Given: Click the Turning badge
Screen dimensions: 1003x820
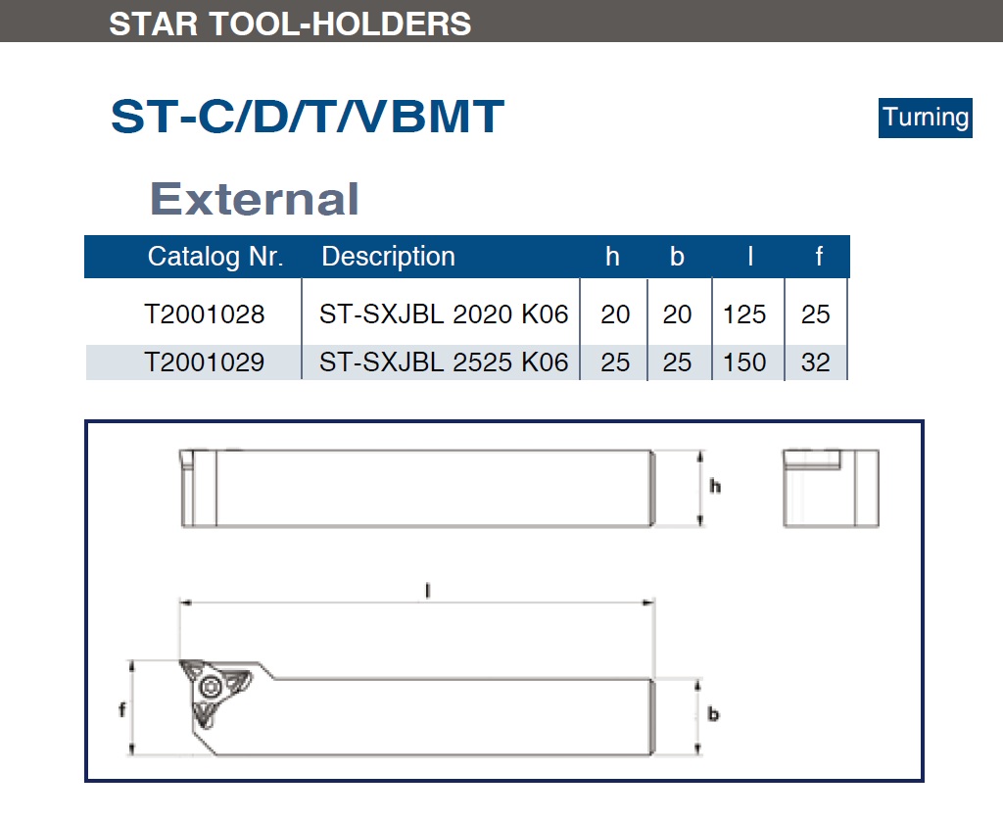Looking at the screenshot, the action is [925, 118].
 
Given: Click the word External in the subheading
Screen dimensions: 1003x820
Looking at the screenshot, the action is [254, 198].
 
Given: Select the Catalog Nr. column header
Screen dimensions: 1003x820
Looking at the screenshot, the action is [215, 257].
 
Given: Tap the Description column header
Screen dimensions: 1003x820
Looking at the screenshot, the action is [388, 257].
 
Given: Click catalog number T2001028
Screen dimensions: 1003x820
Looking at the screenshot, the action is [205, 314].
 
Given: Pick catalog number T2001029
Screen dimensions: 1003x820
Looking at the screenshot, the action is [205, 362].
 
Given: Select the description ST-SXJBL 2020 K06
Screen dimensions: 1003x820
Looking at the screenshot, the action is [444, 314].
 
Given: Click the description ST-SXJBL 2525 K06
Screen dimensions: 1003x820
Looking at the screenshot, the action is [444, 362].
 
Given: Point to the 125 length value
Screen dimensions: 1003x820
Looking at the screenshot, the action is [744, 314].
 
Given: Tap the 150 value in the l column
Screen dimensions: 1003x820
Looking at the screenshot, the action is [744, 362].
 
